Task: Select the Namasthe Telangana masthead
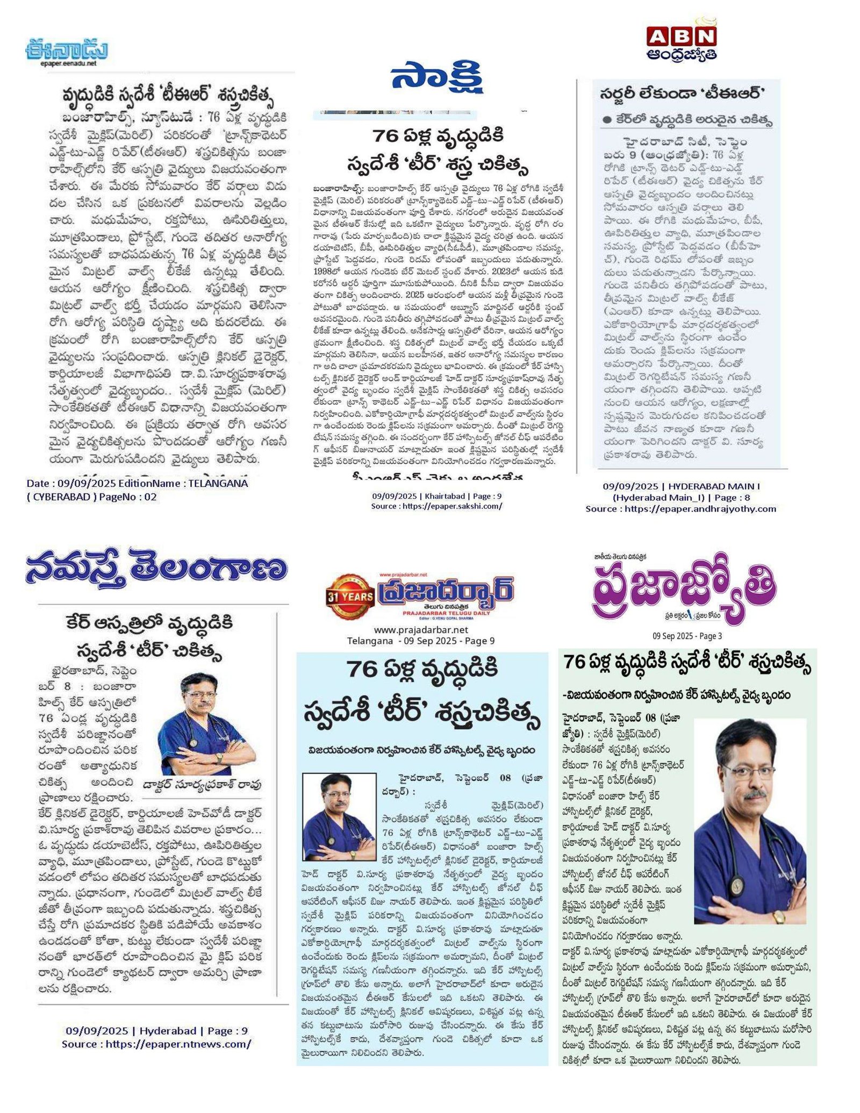tap(156, 571)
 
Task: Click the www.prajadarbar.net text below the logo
tap(421, 629)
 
